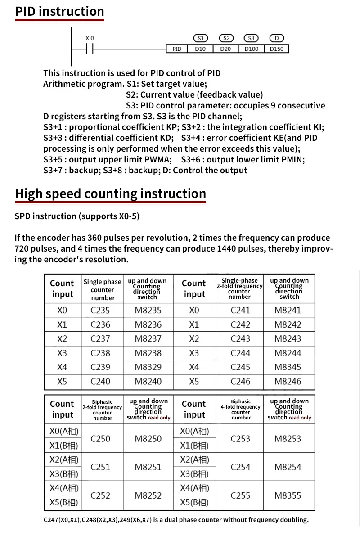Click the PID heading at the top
tap(59, 11)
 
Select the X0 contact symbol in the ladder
tap(90, 49)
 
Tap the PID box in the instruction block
tap(177, 49)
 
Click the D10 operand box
tap(200, 49)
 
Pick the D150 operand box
tap(277, 49)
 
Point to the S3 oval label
tap(251, 38)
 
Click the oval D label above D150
tap(277, 38)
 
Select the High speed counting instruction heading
tap(110, 193)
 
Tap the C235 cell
tap(100, 310)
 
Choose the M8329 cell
tap(148, 367)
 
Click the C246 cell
tap(240, 382)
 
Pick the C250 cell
tap(100, 439)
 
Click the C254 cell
tap(240, 467)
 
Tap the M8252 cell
tap(148, 495)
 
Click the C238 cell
tap(100, 353)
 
